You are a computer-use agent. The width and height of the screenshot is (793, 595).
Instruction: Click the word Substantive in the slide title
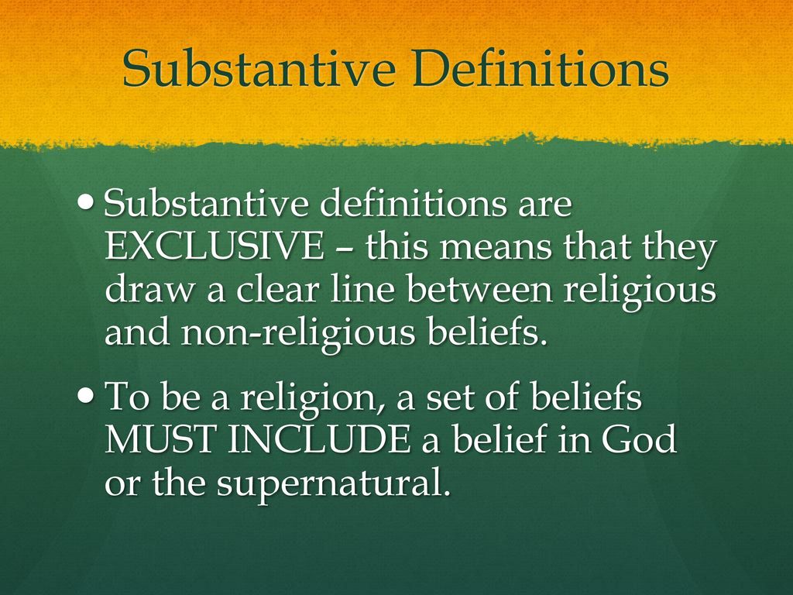pos(259,70)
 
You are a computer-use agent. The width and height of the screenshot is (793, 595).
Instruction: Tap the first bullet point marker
pos(88,204)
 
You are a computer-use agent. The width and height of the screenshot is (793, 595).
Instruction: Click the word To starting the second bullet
pos(125,399)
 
